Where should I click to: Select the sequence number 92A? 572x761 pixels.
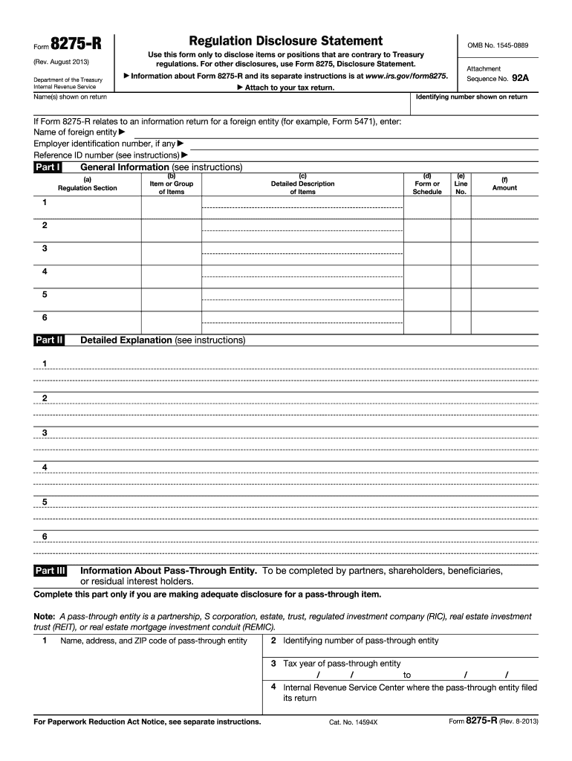[520, 77]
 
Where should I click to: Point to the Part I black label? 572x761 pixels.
[48, 167]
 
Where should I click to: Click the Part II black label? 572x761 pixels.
[49, 340]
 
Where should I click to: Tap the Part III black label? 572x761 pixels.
[51, 571]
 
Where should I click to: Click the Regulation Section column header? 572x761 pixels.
[87, 188]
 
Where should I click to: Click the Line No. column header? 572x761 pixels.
[461, 184]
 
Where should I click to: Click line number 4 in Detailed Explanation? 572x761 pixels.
[45, 467]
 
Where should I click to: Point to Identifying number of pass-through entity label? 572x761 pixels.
[360, 641]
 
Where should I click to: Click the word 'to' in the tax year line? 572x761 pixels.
[407, 675]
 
